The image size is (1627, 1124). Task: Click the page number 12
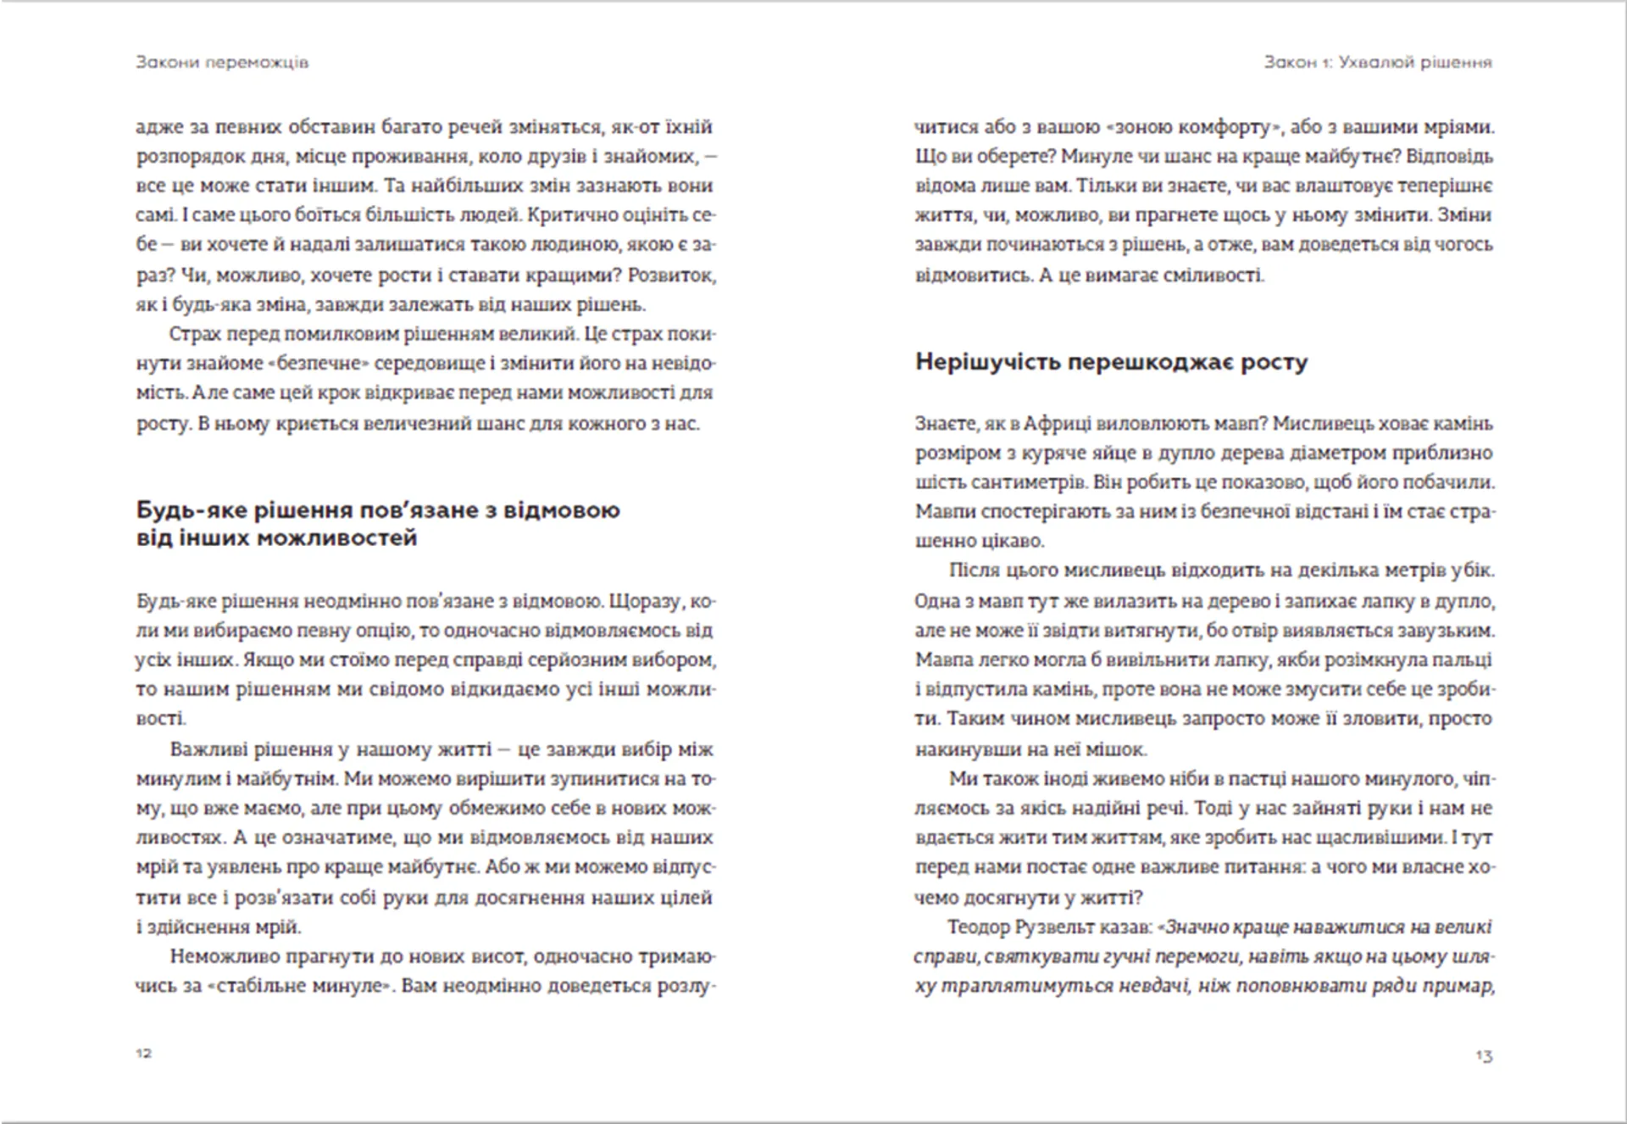144,1053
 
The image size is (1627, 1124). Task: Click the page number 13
1483,1055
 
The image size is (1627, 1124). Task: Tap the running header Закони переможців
222,62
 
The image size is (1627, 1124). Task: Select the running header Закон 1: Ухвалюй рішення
1377,62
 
